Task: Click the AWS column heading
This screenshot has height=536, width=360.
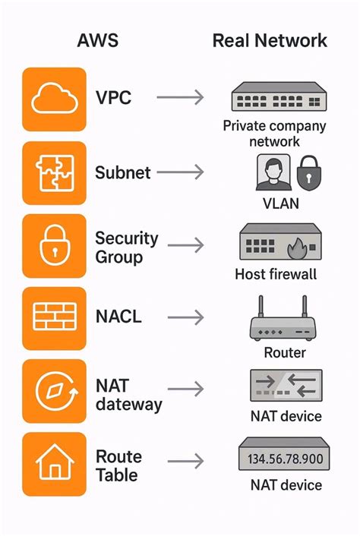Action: coord(99,40)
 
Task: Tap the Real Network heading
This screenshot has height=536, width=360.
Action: coord(270,40)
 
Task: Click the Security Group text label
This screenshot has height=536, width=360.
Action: coord(126,248)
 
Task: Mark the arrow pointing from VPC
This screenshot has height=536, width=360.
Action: coord(180,98)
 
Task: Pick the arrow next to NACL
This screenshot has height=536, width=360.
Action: coord(180,317)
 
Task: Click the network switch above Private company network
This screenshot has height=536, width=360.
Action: coord(274,99)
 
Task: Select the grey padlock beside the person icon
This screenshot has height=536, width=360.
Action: coord(308,174)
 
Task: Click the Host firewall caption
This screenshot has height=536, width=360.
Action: coord(276,274)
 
